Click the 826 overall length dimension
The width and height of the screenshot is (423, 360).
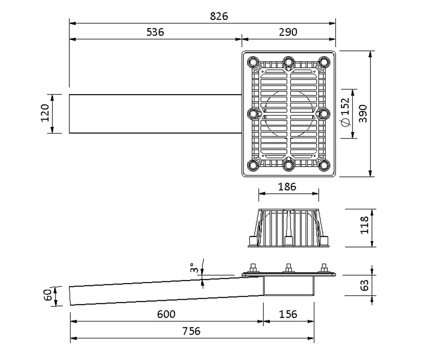pos(219,16)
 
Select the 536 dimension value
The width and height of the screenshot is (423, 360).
pos(155,32)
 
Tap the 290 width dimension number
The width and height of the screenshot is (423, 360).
pos(288,32)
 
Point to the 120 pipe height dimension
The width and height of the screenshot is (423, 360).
pos(45,113)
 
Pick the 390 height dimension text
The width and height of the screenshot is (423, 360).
pos(363,114)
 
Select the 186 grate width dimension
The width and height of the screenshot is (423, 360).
pos(287,187)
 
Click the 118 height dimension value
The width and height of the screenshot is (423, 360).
pos(364,225)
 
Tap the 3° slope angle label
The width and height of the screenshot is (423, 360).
pos(194,268)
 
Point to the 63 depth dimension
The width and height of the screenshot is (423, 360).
pos(364,285)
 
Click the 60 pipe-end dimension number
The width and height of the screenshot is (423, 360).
pos(48,295)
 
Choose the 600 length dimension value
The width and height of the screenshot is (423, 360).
pos(166,314)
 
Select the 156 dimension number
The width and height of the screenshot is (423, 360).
pos(288,314)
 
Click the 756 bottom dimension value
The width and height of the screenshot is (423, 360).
pos(191,331)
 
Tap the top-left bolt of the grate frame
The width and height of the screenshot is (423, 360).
pos(253,62)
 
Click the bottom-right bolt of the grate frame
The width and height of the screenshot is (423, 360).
pos(324,165)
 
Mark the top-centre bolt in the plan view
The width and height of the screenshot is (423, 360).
pos(288,62)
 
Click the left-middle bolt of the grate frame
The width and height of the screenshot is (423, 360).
pos(253,114)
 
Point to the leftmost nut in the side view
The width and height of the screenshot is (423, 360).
pos(253,268)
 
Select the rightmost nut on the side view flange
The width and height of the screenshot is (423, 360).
pos(324,268)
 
